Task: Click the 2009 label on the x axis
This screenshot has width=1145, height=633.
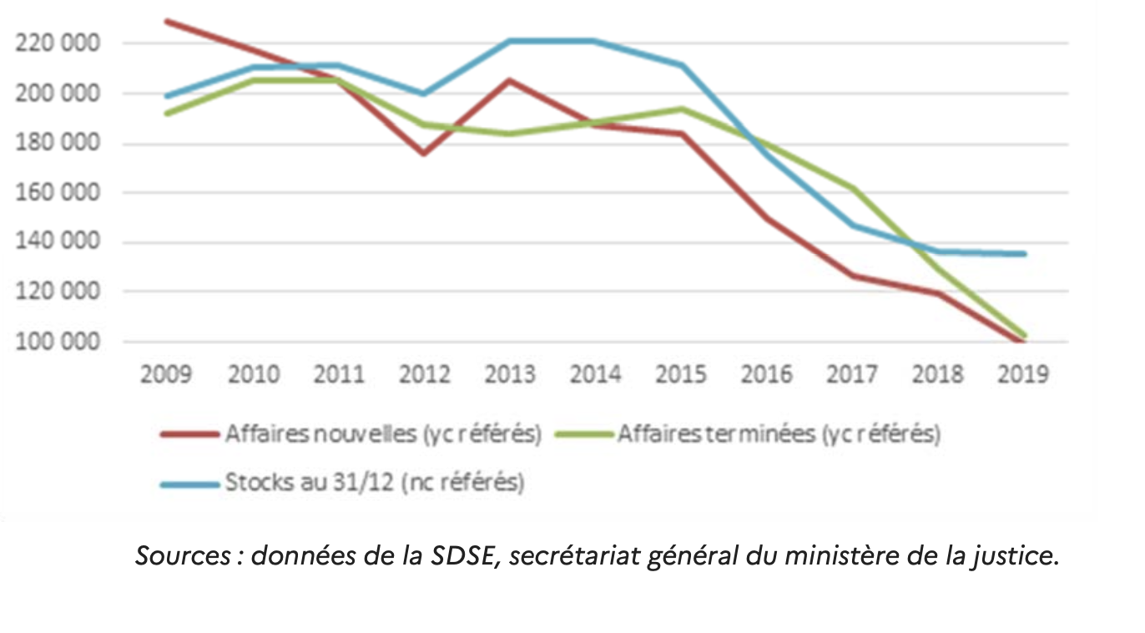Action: coord(165,373)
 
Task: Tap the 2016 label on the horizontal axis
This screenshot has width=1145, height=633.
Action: coord(766,373)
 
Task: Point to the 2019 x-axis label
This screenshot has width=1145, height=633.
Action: coord(1022,373)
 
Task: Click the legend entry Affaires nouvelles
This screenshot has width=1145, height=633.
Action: coord(383,434)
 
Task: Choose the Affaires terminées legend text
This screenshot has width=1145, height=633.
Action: coord(779,434)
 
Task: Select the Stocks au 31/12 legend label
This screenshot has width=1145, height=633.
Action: coord(374,483)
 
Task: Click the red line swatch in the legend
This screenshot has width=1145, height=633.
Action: coord(189,435)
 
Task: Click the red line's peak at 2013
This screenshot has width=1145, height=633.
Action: coord(509,80)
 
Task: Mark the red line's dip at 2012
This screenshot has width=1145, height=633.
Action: coord(423,154)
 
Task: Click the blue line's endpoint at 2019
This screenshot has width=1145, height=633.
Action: coord(1024,254)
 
